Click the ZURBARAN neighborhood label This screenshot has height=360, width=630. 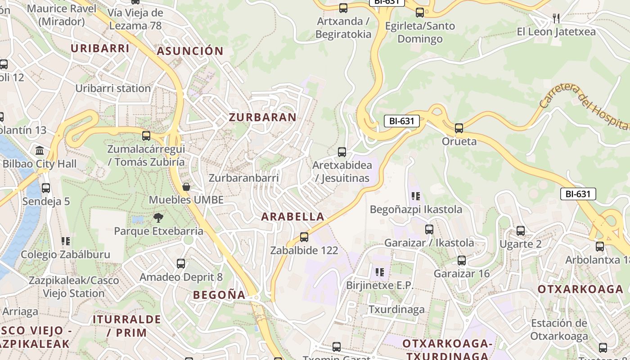click(263, 117)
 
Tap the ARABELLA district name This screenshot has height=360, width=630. click(293, 216)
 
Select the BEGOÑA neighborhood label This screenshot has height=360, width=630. click(219, 295)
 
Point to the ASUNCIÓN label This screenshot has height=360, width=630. click(190, 51)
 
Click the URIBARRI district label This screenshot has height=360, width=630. click(100, 48)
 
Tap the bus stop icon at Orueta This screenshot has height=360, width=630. click(459, 128)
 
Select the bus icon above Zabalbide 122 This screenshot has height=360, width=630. click(304, 237)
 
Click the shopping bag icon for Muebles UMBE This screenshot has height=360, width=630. click(186, 186)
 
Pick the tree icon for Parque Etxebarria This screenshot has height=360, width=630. click(158, 218)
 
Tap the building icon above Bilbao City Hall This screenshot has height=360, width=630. click(40, 150)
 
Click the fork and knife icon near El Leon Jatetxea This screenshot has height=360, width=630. click(556, 18)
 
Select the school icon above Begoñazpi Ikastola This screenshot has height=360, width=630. click(416, 196)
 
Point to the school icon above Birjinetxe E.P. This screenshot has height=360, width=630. click(380, 272)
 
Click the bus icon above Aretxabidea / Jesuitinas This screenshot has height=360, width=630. click(342, 152)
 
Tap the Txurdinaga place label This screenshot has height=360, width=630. click(396, 309)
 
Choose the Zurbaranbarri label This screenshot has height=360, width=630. click(243, 178)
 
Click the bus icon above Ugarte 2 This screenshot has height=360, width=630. click(521, 231)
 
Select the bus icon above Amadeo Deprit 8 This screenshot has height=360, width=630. click(181, 264)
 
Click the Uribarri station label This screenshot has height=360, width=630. click(113, 88)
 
